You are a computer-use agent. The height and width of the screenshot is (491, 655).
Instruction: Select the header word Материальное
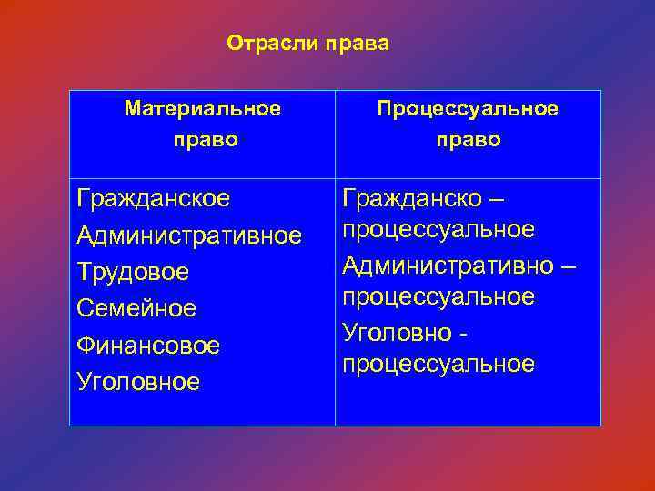point(203,109)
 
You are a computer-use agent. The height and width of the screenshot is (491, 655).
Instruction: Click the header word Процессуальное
point(468,109)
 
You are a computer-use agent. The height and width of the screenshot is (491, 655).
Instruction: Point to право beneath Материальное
point(203,140)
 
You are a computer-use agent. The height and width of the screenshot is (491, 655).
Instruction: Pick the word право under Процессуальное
point(468,140)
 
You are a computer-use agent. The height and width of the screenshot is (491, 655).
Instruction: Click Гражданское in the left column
point(154,198)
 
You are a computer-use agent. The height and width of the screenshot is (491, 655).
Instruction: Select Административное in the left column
point(189,235)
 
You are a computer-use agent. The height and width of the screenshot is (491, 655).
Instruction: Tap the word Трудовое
point(133,272)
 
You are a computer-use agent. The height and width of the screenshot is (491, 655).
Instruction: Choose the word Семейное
point(136,309)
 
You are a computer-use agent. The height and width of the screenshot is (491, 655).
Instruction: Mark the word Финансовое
point(148,346)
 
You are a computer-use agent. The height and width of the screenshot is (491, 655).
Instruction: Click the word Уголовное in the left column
point(138,382)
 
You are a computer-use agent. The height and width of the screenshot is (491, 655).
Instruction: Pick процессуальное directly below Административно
point(438,297)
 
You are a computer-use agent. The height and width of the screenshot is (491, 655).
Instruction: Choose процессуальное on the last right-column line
point(438,365)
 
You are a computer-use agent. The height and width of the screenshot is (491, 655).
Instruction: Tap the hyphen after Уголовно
point(465,334)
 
